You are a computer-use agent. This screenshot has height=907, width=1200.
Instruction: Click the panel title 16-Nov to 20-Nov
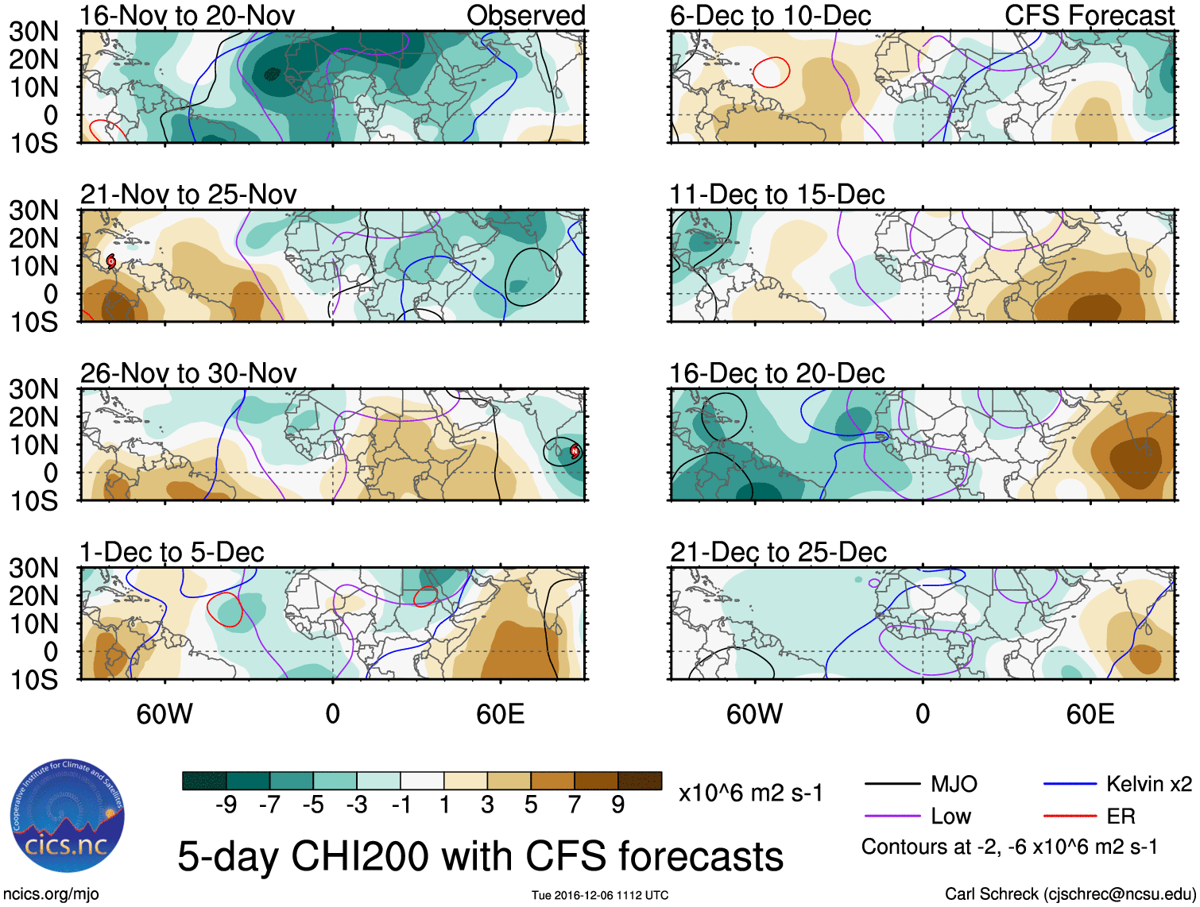pos(188,15)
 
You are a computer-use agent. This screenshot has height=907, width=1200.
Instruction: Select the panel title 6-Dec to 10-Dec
pos(770,15)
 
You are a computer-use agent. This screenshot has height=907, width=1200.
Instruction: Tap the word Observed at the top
pos(526,15)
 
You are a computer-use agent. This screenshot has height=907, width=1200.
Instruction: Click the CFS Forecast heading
pos(1090,15)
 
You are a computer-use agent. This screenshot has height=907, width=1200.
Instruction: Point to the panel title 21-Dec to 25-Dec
pos(778,552)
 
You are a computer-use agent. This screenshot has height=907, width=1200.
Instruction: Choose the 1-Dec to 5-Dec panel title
pos(172,552)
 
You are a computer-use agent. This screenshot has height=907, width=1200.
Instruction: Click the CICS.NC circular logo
pos(67,816)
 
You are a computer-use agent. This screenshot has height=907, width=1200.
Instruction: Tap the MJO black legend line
pos(892,785)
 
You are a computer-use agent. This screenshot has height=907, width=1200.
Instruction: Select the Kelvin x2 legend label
pos(1148,785)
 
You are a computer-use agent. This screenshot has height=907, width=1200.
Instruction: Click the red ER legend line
pos(1070,816)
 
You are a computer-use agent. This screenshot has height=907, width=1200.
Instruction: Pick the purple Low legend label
pos(950,816)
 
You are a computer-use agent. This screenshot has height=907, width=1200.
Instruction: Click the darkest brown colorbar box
pos(640,781)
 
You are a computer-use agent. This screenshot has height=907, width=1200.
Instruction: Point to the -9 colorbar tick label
pos(226,805)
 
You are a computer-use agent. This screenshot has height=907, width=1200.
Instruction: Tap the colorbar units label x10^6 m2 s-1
pos(750,793)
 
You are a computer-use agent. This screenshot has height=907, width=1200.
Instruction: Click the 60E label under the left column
pos(500,714)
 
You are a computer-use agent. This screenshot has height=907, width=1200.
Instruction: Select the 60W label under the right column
pos(754,714)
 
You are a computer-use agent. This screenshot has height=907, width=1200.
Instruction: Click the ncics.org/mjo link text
pos(51,893)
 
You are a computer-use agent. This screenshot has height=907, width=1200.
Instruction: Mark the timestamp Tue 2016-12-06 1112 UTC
pos(600,895)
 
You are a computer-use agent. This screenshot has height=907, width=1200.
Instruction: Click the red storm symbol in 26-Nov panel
pos(575,451)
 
